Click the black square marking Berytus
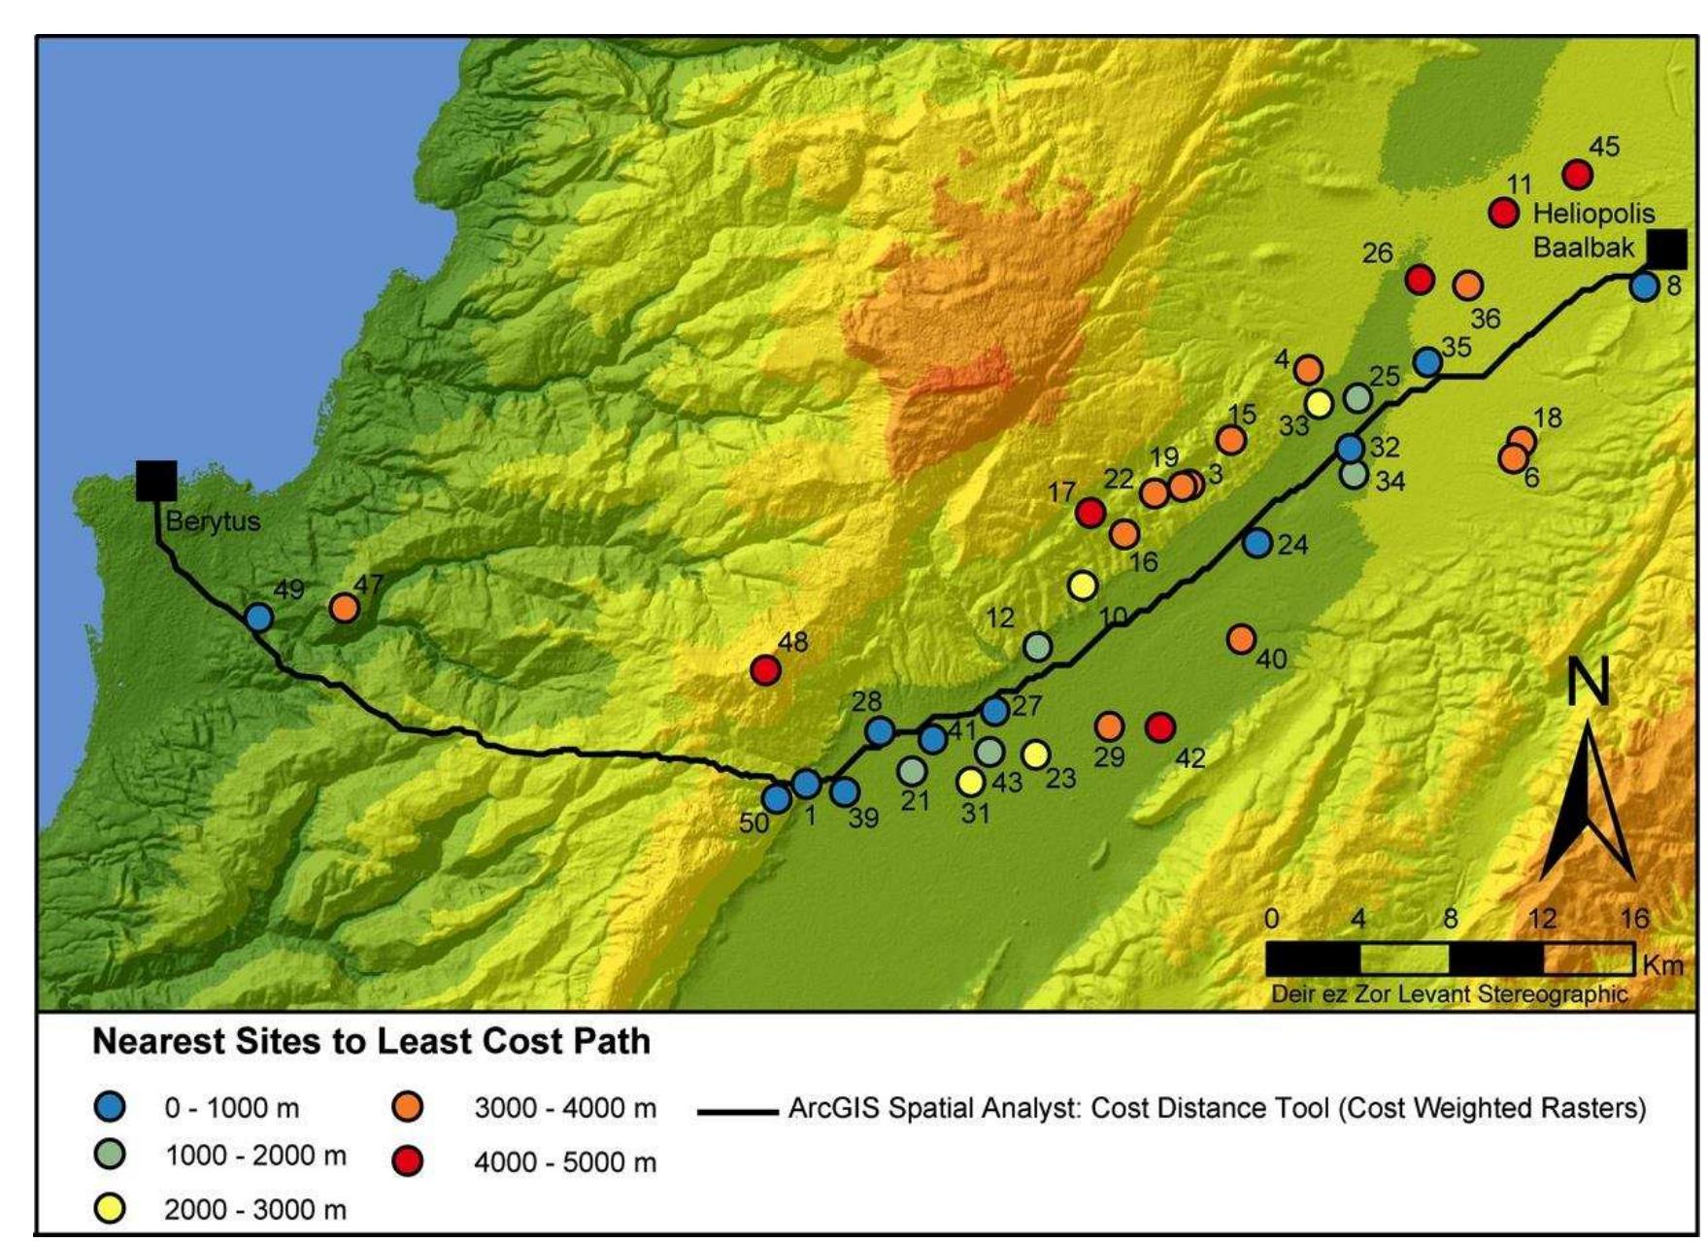point(156,481)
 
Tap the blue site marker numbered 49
point(258,617)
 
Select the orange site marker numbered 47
point(344,608)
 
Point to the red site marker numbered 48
point(766,669)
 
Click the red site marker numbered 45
point(1578,175)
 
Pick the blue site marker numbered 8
point(1644,286)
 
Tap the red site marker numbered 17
point(1091,512)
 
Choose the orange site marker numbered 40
point(1241,639)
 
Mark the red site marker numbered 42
point(1160,726)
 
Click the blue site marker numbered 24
point(1257,543)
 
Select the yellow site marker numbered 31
point(971,781)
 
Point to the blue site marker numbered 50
point(777,798)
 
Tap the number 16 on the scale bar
point(1635,918)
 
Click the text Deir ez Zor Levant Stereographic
point(1449,993)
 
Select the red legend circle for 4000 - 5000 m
point(408,1161)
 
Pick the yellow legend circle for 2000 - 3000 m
point(110,1209)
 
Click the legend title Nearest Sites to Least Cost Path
point(371,1041)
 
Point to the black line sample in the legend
point(736,1110)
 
